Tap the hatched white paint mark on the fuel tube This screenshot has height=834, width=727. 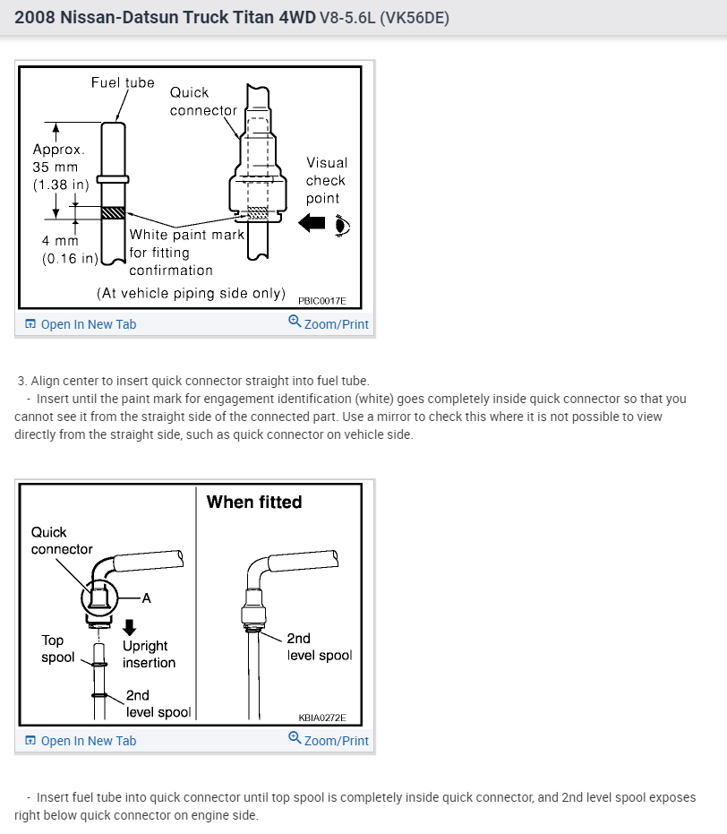point(114,213)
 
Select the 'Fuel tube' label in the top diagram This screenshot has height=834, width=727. point(123,82)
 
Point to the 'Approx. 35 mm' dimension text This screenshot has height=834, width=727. point(58,159)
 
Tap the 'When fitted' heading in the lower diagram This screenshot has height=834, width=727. point(254,502)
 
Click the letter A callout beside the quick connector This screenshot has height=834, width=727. point(146,598)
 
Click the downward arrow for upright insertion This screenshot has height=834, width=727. point(130,627)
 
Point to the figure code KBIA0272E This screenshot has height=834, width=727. point(321,718)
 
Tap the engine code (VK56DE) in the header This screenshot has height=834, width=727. point(415,18)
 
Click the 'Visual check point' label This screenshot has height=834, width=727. point(327,180)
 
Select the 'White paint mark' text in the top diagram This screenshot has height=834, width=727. point(187,235)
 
